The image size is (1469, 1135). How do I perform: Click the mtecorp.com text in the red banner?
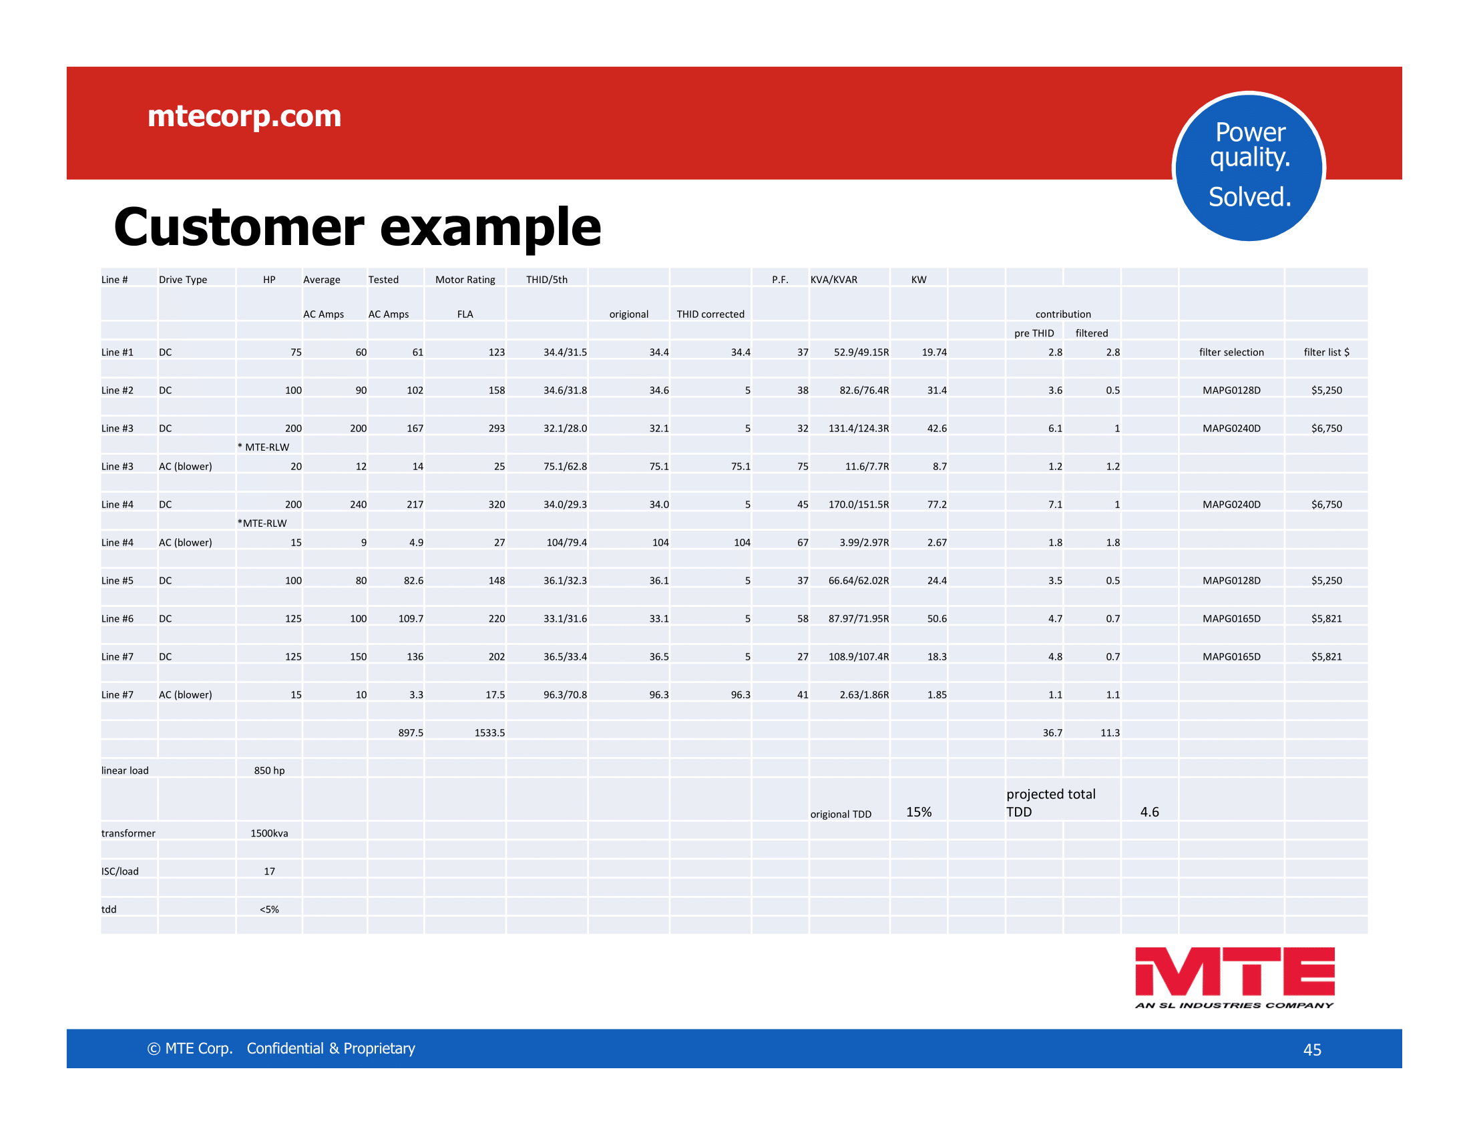tap(244, 116)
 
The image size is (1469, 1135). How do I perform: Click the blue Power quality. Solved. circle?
tap(1249, 167)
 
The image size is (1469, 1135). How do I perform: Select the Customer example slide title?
tap(357, 227)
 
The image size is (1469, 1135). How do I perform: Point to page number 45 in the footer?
tap(1312, 1050)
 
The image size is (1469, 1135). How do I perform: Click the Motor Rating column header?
tap(465, 280)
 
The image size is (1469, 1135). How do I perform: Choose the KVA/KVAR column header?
tap(833, 280)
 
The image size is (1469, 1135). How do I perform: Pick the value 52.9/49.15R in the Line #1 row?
tap(861, 353)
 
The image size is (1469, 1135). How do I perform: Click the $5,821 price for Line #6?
tap(1326, 619)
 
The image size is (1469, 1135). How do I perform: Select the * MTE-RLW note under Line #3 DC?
tap(264, 447)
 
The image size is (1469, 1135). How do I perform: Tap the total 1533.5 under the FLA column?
tap(489, 733)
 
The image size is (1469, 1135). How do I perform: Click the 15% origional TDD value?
tap(919, 813)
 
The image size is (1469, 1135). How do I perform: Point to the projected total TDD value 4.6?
tap(1150, 813)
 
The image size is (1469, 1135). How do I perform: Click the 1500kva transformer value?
tap(269, 834)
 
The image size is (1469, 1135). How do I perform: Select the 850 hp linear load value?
tap(269, 770)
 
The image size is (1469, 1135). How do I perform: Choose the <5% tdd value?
tap(269, 910)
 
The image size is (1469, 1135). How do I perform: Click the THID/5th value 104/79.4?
tap(566, 543)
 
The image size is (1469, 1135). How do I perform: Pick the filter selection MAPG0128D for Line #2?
tap(1231, 391)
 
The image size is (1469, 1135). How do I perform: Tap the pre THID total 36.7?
tap(1052, 733)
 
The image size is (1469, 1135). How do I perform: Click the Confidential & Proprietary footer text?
tap(331, 1049)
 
